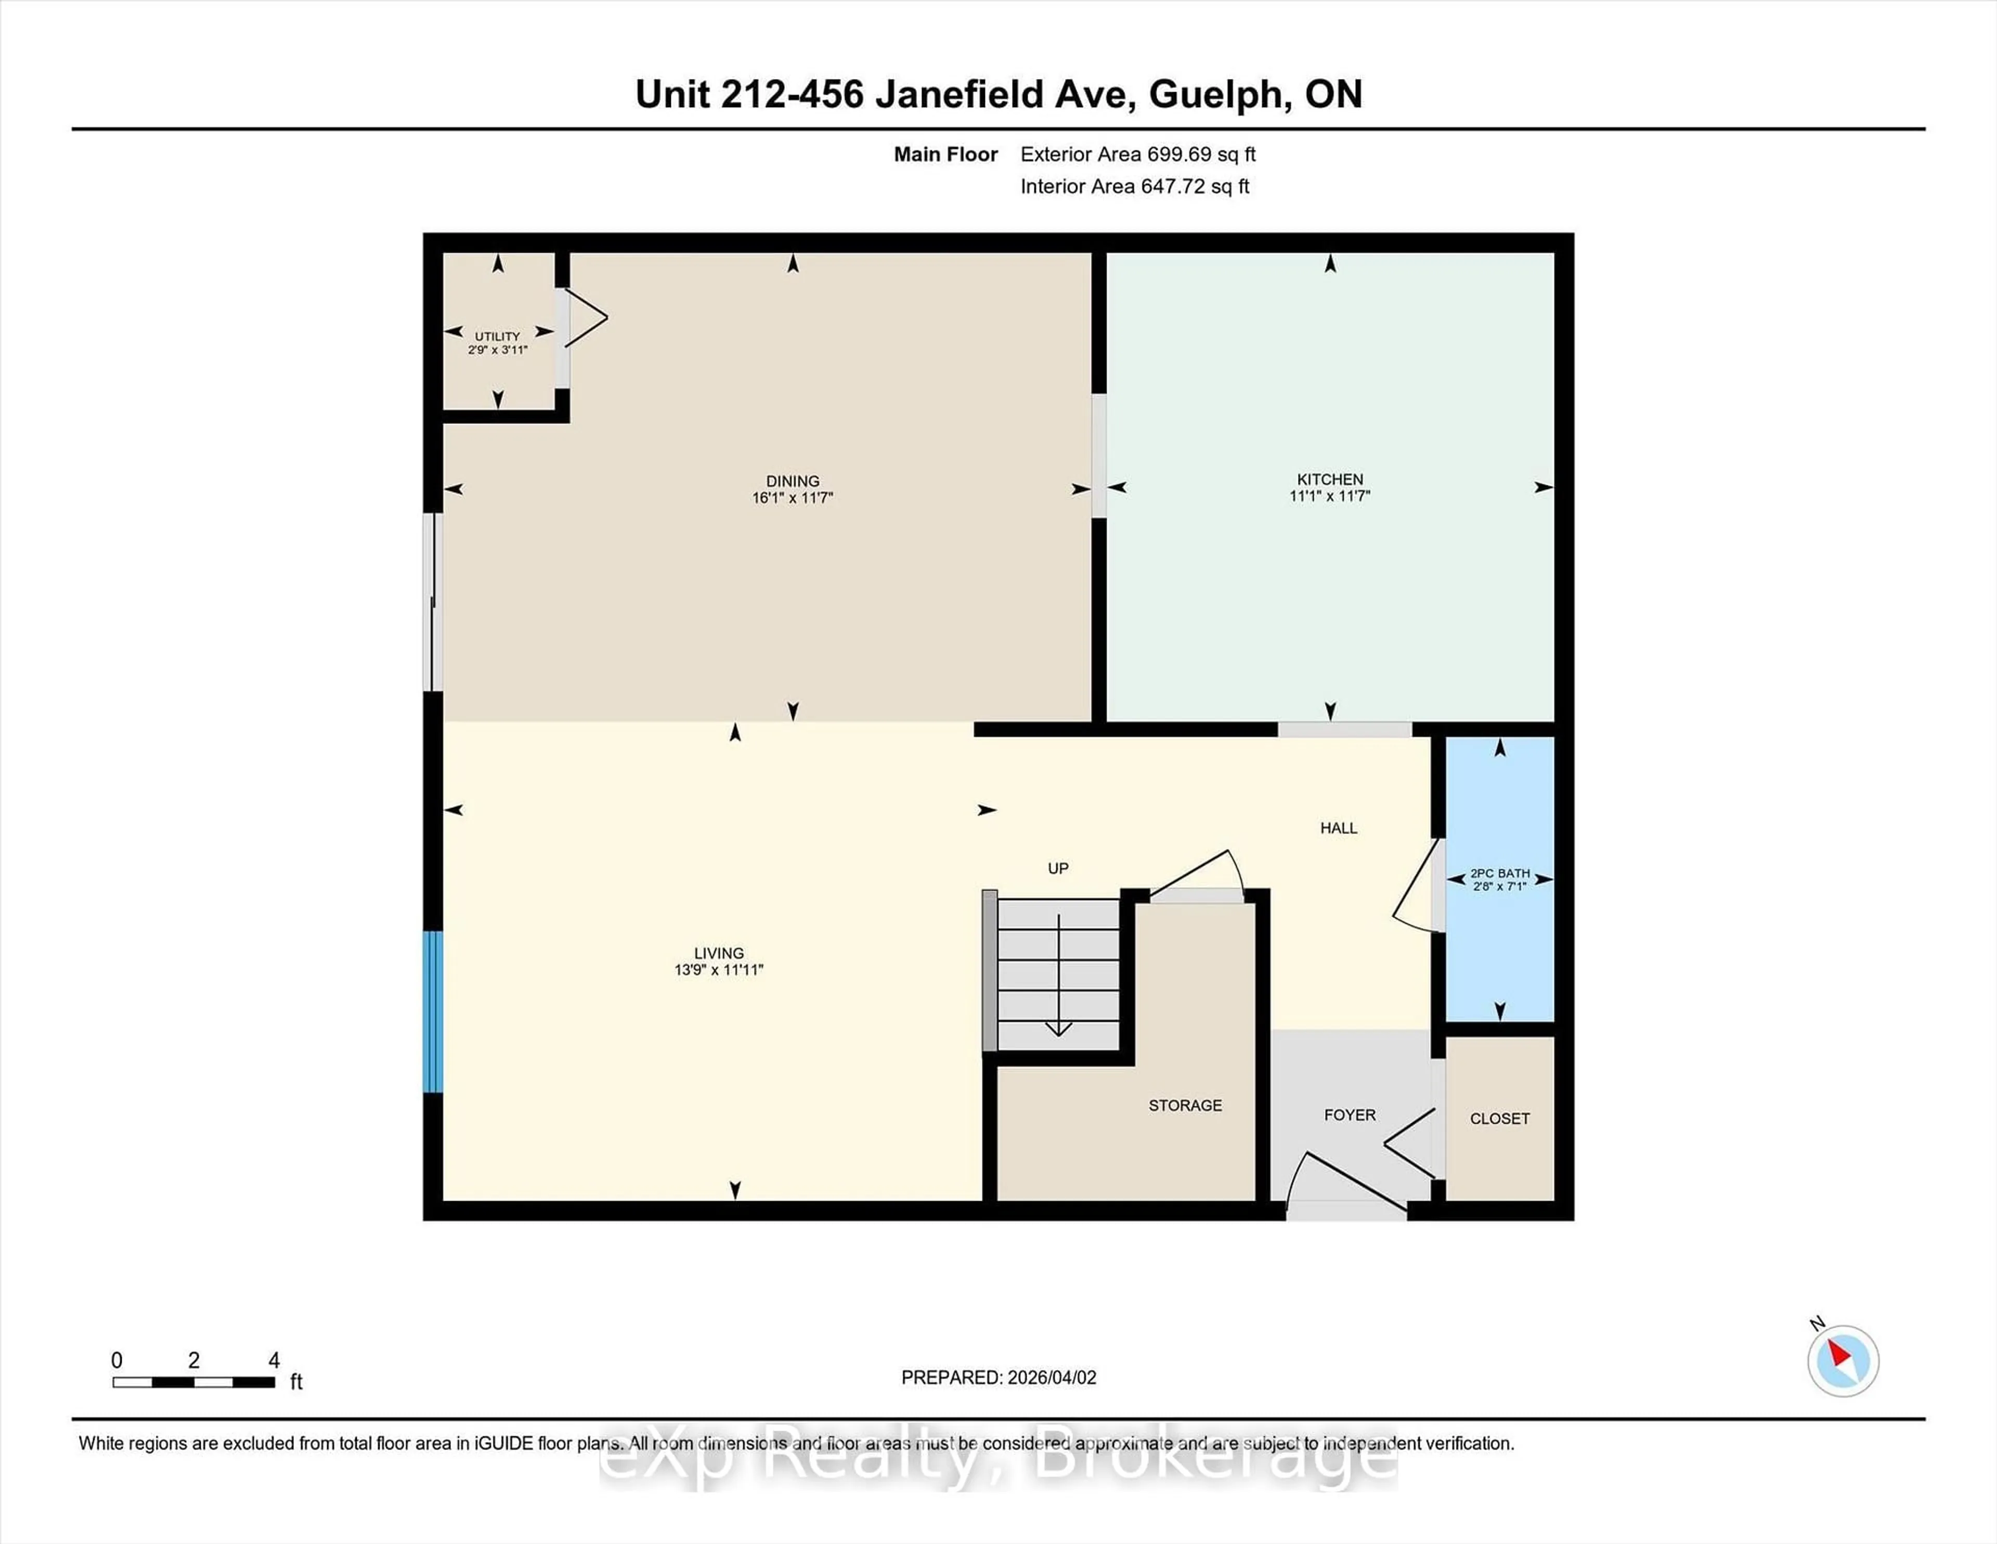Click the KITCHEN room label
pos(1329,479)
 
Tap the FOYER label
pos(1350,1115)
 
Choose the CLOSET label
pos(1500,1118)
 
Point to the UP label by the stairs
pos(1058,869)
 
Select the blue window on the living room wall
pos(433,1012)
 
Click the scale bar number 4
pos(274,1361)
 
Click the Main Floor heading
pos(945,155)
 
